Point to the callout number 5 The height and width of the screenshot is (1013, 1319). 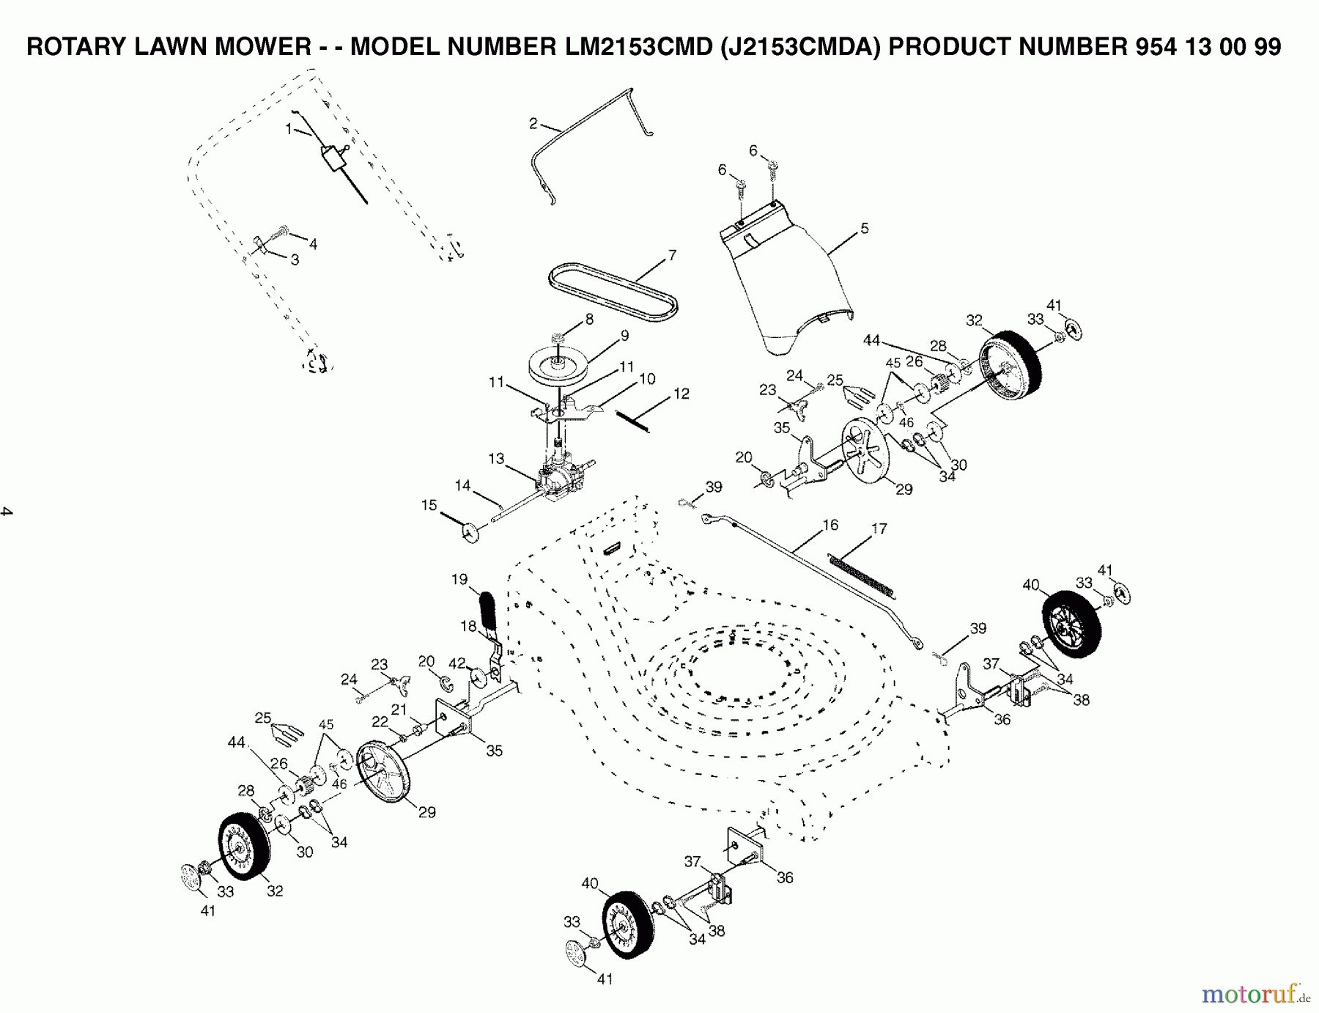coord(865,229)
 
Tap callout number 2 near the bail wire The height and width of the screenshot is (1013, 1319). coord(533,124)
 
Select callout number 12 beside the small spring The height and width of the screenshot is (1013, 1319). coord(681,394)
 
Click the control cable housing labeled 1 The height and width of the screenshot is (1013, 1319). coord(333,157)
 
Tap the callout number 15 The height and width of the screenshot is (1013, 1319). coord(429,505)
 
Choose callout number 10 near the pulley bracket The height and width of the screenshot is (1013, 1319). coord(647,379)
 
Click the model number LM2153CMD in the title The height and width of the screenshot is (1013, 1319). coord(638,47)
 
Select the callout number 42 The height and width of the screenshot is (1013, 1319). coord(457,663)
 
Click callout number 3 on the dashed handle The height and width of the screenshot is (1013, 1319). coord(295,259)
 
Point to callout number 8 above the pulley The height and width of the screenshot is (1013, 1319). coord(589,320)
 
